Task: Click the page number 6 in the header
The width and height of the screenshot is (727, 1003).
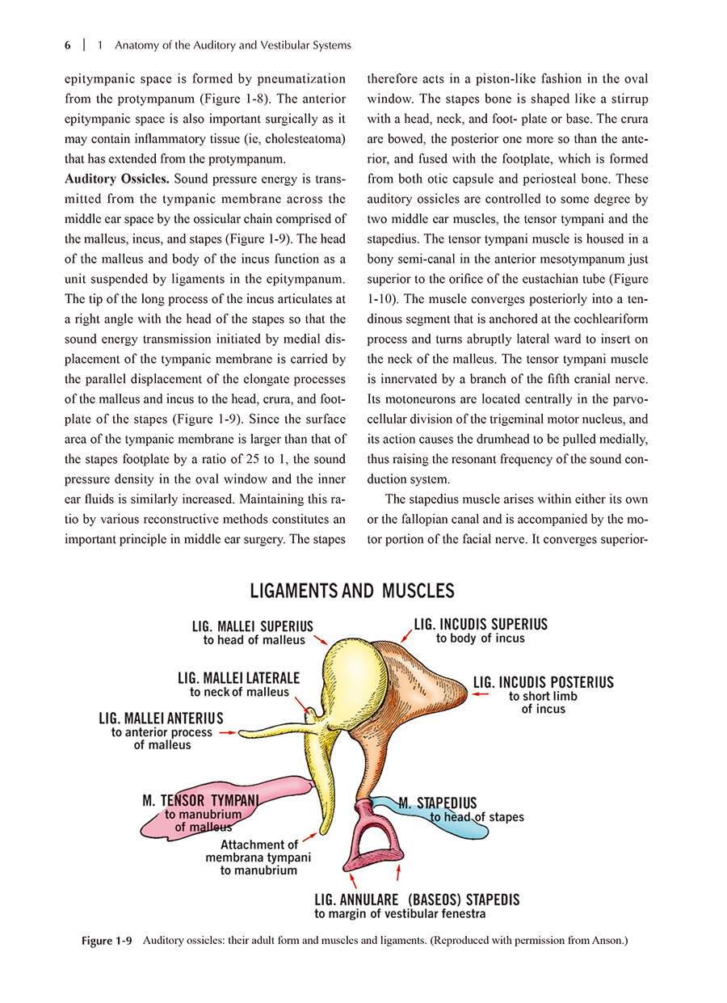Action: (x=68, y=45)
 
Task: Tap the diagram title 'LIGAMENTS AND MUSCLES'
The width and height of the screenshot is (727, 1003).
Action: (x=352, y=591)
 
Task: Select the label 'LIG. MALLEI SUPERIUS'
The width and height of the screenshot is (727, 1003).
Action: (x=252, y=626)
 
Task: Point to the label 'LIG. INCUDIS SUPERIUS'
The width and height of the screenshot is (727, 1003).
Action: (x=481, y=624)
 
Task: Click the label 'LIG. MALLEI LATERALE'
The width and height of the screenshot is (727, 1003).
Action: (x=238, y=678)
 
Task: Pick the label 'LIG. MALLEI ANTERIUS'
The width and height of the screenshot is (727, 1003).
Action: (x=161, y=719)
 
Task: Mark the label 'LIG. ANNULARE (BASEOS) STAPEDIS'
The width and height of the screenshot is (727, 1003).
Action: (x=417, y=900)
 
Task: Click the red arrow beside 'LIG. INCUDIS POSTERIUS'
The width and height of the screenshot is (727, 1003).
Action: (x=481, y=693)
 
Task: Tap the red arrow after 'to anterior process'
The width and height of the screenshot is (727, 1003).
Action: (x=226, y=733)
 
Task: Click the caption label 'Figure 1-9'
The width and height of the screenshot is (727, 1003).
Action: (x=107, y=941)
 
